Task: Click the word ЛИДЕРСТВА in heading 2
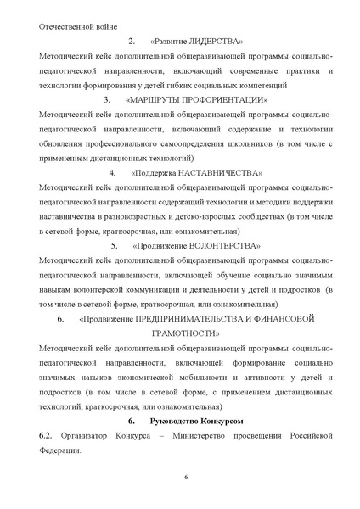pos(216,42)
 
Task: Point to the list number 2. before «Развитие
pos(132,42)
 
